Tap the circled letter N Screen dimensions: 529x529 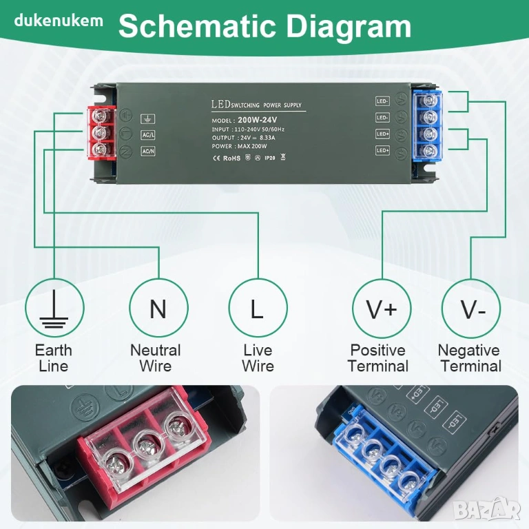[158, 309]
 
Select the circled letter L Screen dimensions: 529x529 [257, 309]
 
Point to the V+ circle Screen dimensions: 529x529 [382, 309]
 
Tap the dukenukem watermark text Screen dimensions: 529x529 [59, 20]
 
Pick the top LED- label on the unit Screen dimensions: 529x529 [383, 101]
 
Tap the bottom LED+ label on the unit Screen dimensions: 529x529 [383, 149]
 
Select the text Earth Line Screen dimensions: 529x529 [53, 358]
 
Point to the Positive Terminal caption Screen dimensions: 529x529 [378, 358]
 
